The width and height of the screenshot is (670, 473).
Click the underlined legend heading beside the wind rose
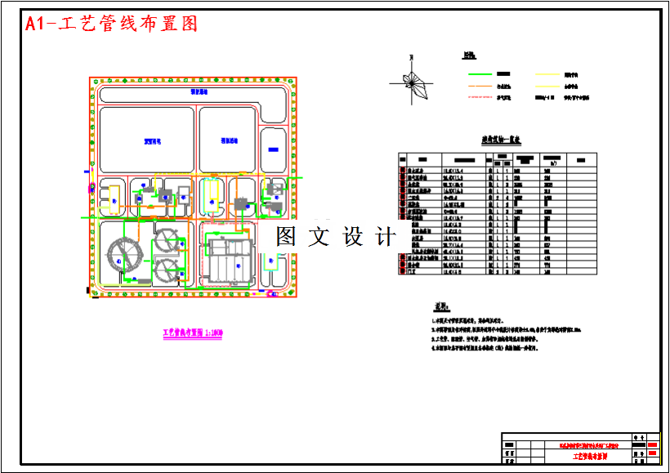469,56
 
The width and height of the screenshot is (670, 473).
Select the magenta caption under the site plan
193,333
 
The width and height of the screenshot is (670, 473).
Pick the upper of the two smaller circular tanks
170,241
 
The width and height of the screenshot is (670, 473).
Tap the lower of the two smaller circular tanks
170,272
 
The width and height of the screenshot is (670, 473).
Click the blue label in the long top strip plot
199,92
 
